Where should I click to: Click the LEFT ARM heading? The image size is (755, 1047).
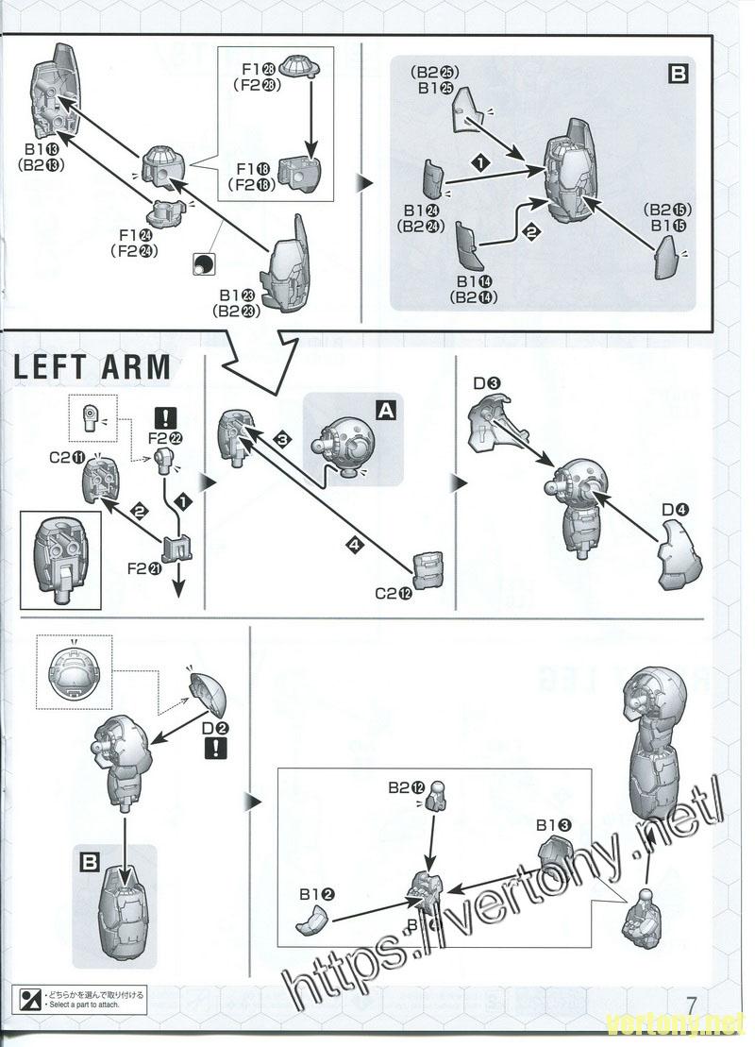pyautogui.click(x=92, y=366)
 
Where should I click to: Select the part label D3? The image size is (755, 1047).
pyautogui.click(x=487, y=383)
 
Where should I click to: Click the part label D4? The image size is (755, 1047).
pyautogui.click(x=675, y=511)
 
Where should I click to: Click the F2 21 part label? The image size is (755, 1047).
pyautogui.click(x=144, y=569)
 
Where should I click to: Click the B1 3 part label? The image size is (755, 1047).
pyautogui.click(x=553, y=824)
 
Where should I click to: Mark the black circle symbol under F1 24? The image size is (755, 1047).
pyautogui.click(x=202, y=264)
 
